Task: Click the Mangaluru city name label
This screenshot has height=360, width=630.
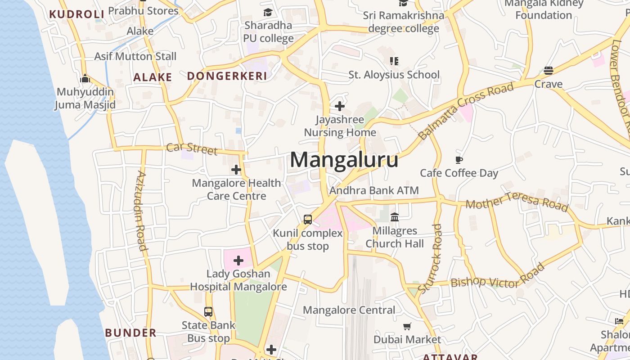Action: [344, 160]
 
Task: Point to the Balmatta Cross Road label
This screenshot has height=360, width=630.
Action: [466, 111]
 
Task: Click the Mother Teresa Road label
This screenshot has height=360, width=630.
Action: [517, 201]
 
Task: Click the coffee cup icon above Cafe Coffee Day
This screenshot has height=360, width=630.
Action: [459, 160]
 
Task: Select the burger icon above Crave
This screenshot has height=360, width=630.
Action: [548, 71]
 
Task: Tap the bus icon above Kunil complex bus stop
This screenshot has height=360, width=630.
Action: [308, 220]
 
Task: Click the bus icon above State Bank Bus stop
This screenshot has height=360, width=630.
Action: [208, 311]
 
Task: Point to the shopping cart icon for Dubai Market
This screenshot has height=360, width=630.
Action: [407, 326]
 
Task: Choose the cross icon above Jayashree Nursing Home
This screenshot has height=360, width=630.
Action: [340, 106]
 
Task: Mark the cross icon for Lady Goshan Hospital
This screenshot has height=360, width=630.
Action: [238, 260]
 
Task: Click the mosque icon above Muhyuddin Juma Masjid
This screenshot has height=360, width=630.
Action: [85, 79]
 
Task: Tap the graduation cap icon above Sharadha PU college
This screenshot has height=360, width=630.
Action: [268, 12]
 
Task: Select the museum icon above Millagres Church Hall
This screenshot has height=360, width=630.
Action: [395, 217]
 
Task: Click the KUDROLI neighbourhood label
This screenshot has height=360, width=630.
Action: [77, 14]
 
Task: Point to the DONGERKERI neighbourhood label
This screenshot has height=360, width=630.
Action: [227, 76]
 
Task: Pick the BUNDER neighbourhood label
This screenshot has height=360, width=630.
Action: [130, 333]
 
